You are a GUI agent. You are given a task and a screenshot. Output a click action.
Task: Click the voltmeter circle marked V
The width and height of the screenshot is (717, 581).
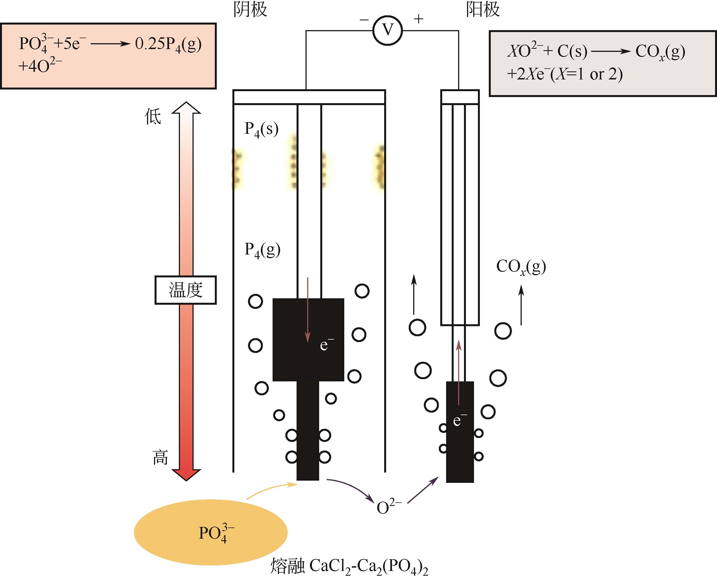tap(388, 30)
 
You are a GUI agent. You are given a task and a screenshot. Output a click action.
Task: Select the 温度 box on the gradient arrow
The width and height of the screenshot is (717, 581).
tap(185, 290)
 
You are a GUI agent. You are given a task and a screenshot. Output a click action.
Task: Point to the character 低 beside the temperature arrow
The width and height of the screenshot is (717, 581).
tap(153, 117)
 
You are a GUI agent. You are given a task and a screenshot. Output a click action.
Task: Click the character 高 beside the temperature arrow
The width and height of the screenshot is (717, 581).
tap(160, 457)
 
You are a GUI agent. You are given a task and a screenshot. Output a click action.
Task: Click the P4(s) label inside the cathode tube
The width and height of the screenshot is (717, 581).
tap(261, 129)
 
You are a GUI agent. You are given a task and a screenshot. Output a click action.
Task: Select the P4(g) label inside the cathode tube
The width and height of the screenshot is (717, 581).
tap(262, 250)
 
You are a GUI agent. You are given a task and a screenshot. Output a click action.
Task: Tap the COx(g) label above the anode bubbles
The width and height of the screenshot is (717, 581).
tap(521, 267)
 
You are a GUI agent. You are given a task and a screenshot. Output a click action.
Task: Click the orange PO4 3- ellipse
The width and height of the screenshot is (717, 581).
tap(211, 532)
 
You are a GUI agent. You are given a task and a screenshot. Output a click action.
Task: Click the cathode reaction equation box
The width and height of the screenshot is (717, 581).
tap(108, 56)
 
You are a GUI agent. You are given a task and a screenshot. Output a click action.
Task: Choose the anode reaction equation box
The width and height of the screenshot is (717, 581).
tap(602, 63)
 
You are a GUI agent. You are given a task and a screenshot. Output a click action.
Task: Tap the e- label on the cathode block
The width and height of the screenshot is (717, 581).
tap(326, 345)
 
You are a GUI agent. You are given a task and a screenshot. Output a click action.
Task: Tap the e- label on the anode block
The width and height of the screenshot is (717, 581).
tap(459, 420)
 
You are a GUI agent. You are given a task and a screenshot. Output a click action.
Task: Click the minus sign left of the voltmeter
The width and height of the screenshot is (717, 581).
tap(364, 20)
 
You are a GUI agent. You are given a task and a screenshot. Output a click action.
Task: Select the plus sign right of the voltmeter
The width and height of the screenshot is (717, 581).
tap(418, 19)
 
